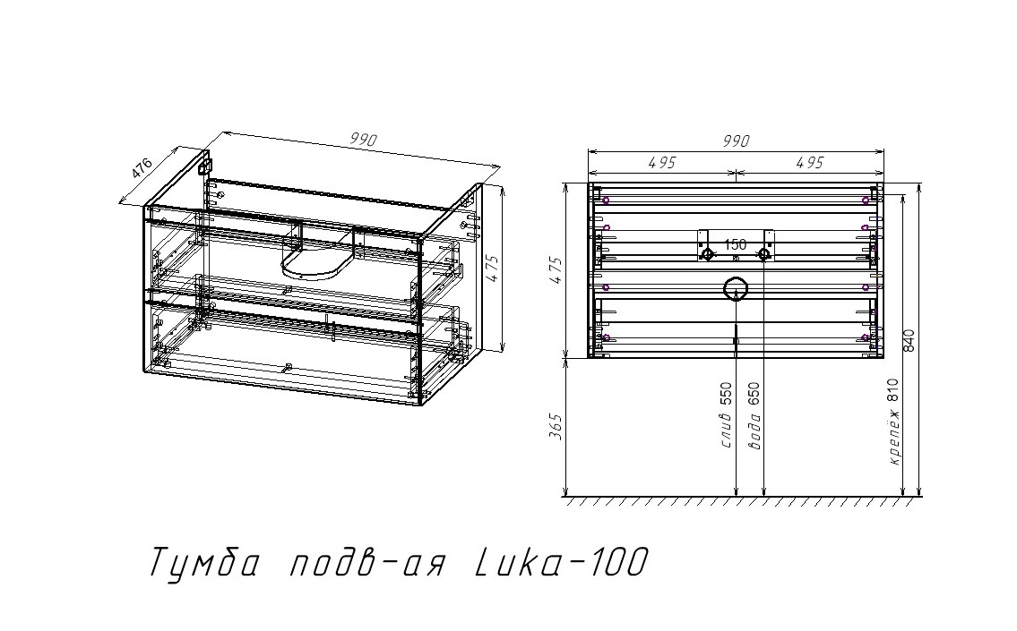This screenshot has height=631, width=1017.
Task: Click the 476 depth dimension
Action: click(x=142, y=168)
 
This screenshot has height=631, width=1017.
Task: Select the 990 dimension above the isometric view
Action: click(x=363, y=140)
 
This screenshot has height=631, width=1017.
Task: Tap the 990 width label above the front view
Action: click(x=735, y=141)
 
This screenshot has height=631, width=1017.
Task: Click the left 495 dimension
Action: click(x=661, y=162)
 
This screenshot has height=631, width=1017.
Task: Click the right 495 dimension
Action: click(x=807, y=162)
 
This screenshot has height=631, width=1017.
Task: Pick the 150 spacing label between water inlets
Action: click(x=735, y=244)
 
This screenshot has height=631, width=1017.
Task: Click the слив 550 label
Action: click(x=727, y=416)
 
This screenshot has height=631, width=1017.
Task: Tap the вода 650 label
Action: click(x=754, y=416)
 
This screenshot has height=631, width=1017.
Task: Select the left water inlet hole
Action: click(x=707, y=255)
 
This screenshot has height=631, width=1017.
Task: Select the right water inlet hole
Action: click(x=763, y=255)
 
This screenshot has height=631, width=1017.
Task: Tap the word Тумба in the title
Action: click(x=204, y=564)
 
